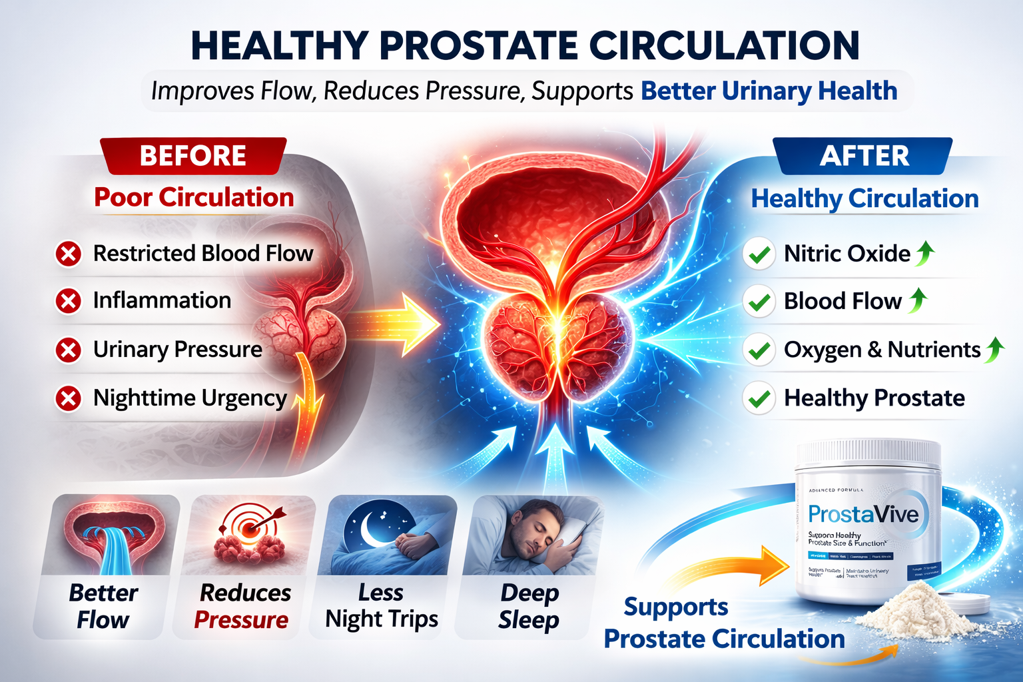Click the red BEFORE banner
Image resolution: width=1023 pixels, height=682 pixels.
(x=193, y=156)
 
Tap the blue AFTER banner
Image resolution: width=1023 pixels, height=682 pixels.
(x=864, y=156)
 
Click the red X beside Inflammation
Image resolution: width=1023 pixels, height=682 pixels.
(x=68, y=301)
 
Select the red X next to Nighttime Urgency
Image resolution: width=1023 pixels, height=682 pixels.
(x=68, y=398)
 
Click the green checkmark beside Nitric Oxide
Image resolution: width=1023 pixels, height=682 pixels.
(x=759, y=254)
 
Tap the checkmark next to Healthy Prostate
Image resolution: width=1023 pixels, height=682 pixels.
(x=759, y=399)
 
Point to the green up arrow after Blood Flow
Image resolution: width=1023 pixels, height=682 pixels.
(x=918, y=300)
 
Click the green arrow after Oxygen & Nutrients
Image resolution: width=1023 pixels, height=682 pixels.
(x=995, y=349)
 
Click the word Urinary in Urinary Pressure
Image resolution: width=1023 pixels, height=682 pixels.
(x=131, y=349)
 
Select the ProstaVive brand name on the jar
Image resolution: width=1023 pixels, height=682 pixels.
(x=863, y=514)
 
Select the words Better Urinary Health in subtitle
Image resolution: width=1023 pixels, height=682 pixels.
(x=769, y=91)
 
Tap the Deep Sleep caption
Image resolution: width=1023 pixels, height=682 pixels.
(x=529, y=606)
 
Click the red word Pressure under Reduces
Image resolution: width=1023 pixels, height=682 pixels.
(x=241, y=620)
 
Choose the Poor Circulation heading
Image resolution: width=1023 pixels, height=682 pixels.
(x=194, y=197)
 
